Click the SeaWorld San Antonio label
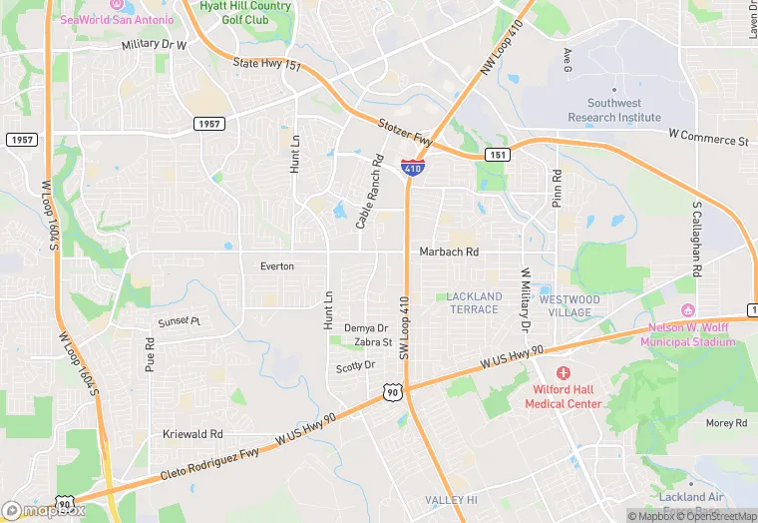117,19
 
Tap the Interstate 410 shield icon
413,167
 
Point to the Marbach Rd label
449,253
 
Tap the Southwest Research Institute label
614,110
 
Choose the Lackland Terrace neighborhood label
473,303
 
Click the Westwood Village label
569,305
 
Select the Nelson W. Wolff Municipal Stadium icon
685,310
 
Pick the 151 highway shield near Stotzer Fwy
498,155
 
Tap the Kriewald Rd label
192,435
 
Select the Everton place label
276,266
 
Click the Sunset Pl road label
180,322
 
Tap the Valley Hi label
452,500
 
